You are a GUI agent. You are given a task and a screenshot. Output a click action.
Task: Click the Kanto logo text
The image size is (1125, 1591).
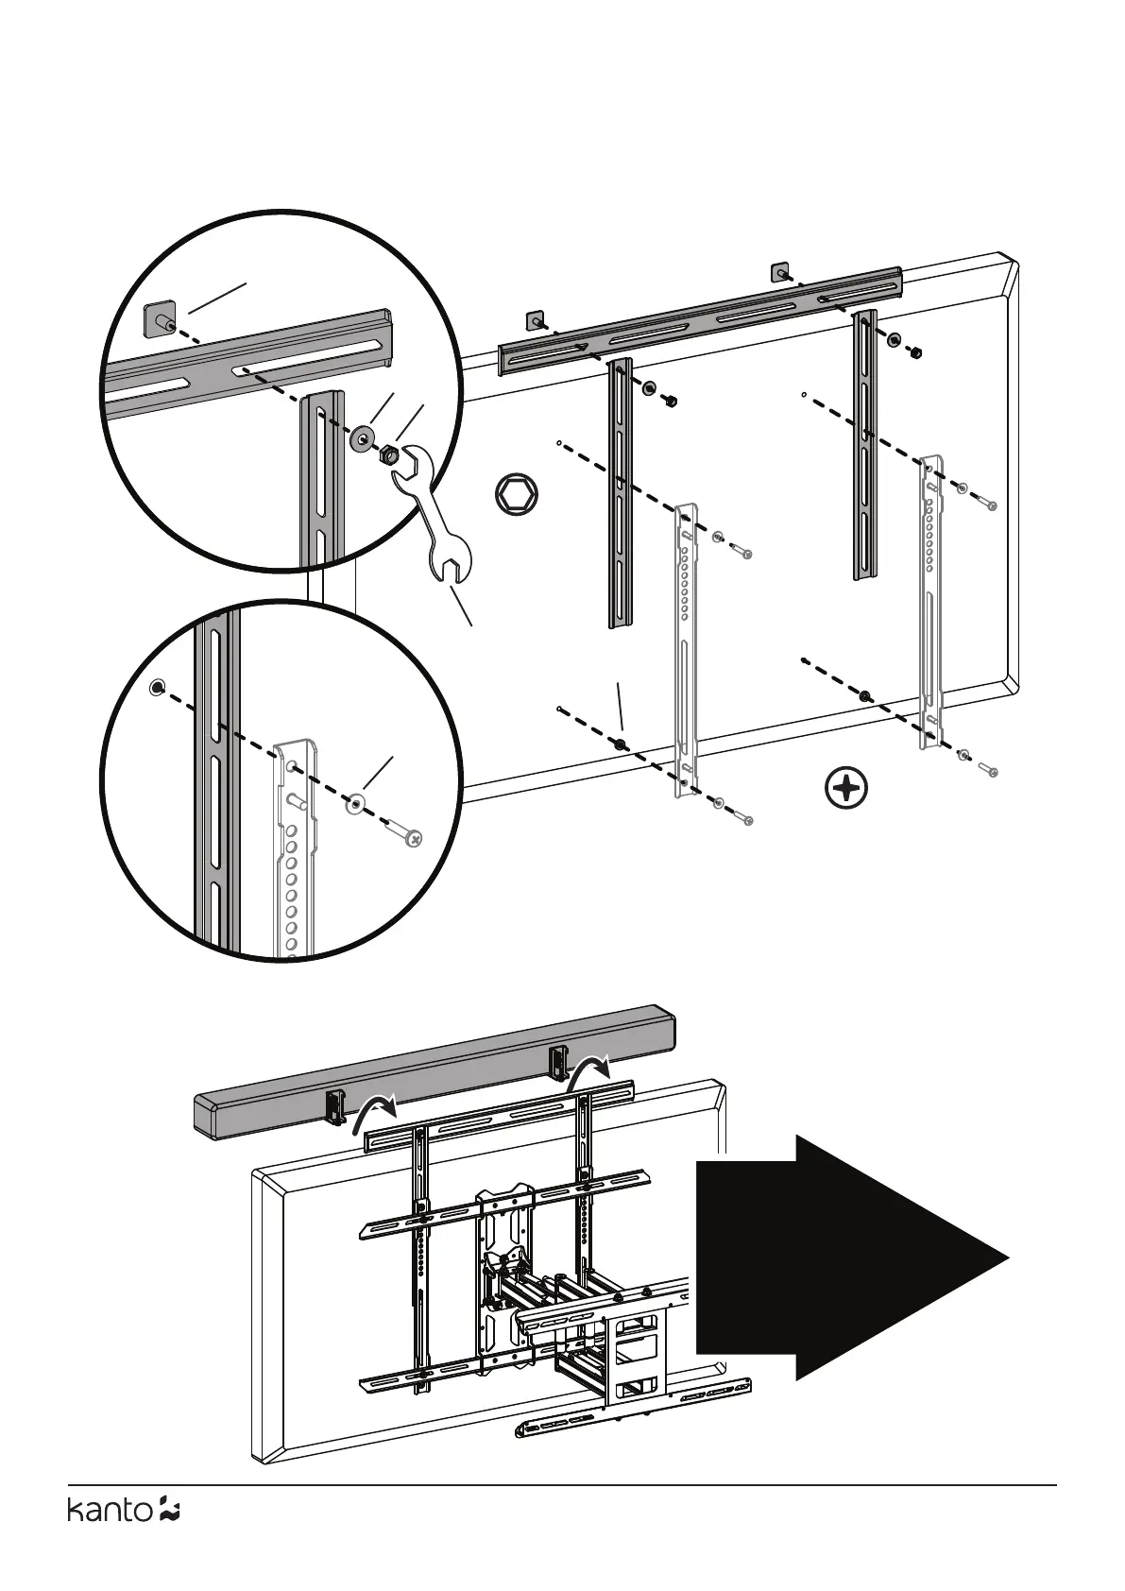click(109, 1537)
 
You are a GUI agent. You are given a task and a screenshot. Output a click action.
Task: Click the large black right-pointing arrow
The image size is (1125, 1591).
click(850, 1257)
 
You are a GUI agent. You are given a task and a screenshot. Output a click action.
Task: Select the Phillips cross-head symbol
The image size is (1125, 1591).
click(846, 788)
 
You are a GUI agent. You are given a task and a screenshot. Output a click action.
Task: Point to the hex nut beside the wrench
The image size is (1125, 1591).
click(387, 455)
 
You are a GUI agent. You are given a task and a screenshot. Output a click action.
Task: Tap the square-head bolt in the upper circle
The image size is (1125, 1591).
click(159, 318)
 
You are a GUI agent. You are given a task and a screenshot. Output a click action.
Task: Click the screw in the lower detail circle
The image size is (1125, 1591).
click(406, 834)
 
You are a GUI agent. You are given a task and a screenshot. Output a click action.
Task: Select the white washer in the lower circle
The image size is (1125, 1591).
click(356, 804)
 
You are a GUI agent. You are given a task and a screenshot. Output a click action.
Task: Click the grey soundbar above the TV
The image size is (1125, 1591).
click(435, 1069)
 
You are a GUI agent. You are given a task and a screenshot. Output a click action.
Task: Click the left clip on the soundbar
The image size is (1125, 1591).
click(334, 1105)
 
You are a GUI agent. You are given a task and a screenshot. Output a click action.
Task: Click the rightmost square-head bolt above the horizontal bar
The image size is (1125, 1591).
click(780, 272)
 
